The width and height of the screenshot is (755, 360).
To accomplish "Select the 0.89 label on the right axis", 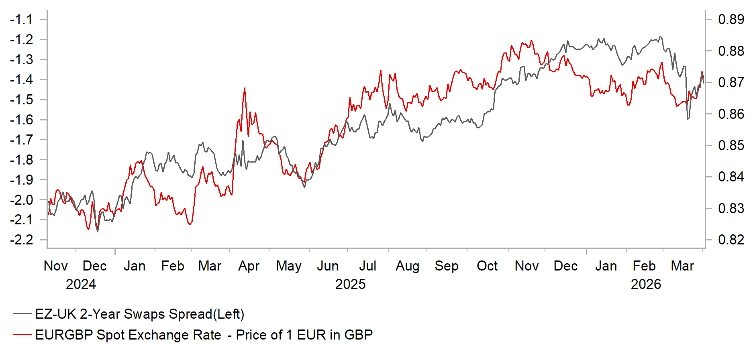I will click(731, 19).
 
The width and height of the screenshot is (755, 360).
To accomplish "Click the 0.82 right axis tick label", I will click(731, 240).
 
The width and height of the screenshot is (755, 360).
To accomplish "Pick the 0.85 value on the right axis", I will click(731, 145).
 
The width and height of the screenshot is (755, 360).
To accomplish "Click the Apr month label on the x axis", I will click(249, 266).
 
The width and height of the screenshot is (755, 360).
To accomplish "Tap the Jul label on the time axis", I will click(367, 266).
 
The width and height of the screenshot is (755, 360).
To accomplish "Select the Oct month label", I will click(487, 266).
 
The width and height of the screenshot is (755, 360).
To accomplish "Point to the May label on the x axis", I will click(289, 266).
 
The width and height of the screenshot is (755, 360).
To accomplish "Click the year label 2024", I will click(81, 284).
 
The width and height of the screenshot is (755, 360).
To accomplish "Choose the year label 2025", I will click(350, 284).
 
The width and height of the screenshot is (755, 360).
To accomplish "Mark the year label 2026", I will click(646, 284).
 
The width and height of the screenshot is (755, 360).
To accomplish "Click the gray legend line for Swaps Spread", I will click(22, 314).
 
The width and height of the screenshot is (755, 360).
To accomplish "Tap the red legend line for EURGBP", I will click(22, 335).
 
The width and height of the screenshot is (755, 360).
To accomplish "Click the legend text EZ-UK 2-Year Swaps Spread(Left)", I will click(140, 314).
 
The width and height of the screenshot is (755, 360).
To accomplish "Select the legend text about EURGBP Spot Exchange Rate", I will click(204, 335).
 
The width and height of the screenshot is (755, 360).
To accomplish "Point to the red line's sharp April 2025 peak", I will click(245, 88).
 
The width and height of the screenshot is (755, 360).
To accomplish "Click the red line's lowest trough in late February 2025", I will click(190, 224).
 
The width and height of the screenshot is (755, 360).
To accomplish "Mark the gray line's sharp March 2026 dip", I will click(688, 119).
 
